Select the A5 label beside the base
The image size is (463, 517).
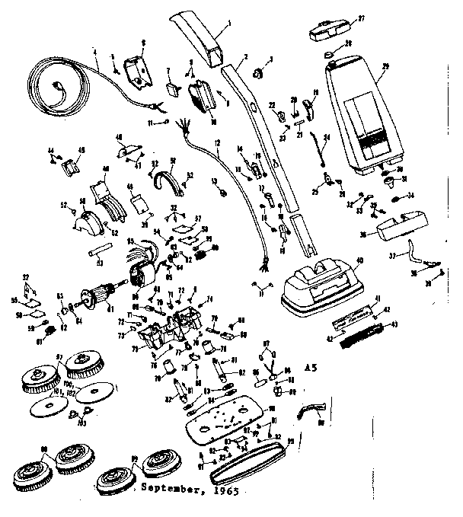pos(311,367)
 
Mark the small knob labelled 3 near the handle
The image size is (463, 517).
pos(258,72)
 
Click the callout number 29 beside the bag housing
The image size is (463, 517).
pos(385,66)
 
